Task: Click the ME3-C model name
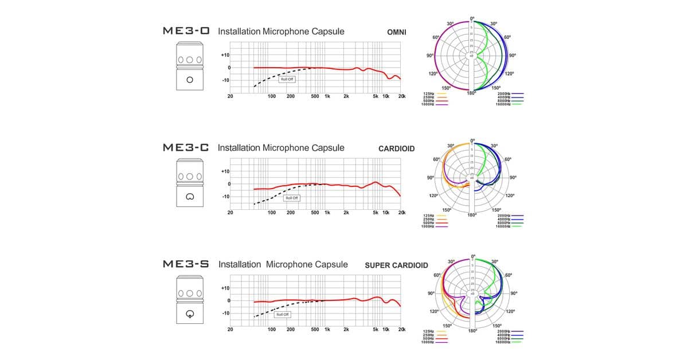coord(186,148)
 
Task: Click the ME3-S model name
coord(186,265)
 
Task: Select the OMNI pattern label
coord(397,32)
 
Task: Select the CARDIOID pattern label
coord(396,149)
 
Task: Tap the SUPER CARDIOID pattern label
coord(396,265)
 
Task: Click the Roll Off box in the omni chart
coord(287,79)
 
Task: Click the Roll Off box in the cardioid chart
coord(292,198)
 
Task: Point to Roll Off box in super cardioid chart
coord(283,314)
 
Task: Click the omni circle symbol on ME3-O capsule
coord(190,80)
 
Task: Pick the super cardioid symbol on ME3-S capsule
coord(190,314)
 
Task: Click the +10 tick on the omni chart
coord(225,55)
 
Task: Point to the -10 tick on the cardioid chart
coord(225,197)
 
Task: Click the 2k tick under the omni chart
coord(346,96)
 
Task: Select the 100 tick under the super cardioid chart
coord(272,330)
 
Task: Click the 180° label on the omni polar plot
coord(471,93)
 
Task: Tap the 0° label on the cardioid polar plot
coord(472,140)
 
